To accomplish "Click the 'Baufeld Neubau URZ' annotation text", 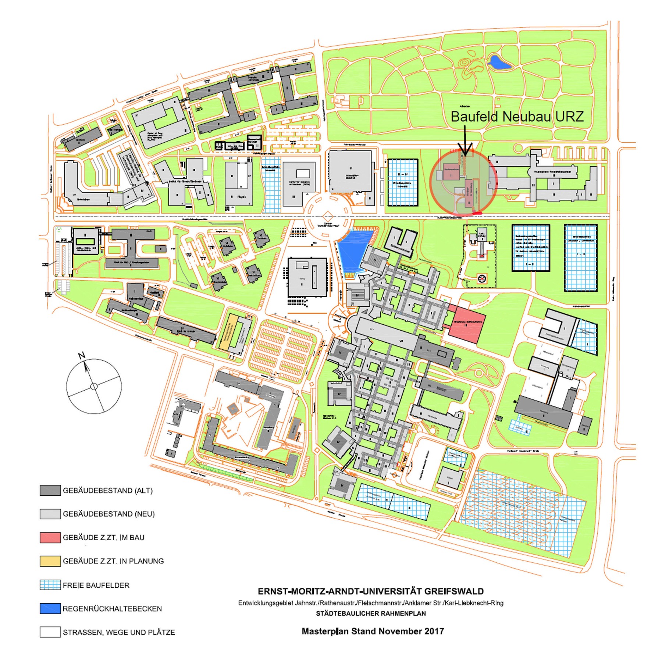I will [517, 117].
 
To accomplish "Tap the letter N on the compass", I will [82, 355].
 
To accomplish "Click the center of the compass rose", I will [94, 386].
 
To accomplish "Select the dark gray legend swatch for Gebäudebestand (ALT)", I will [50, 491].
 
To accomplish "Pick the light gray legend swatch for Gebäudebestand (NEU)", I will [50, 514].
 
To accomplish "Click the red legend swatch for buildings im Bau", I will [50, 537].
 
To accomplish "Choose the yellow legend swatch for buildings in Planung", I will [50, 561].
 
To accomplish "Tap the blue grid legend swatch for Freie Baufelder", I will [50, 585].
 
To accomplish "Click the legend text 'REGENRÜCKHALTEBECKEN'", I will [112, 609].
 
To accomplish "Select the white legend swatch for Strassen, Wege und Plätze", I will [50, 632].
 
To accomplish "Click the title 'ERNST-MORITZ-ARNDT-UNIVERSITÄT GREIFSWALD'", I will [370, 591].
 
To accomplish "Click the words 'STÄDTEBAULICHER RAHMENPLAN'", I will [370, 613].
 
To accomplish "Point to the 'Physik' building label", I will [241, 197].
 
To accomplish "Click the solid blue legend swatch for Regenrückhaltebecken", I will [50, 609].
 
